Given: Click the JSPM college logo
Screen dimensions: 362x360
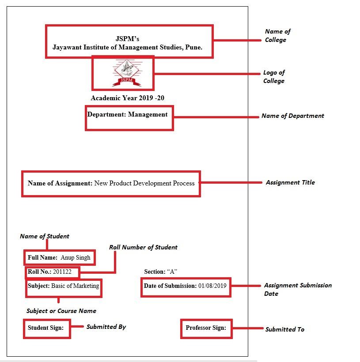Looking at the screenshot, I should point(126,73).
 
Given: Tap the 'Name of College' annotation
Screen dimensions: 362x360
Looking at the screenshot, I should point(277,36).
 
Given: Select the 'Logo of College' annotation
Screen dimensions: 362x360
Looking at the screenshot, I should point(274,77).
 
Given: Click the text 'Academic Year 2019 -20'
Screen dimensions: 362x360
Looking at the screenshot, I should point(127,98).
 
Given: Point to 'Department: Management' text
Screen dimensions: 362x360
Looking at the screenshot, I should point(127,114).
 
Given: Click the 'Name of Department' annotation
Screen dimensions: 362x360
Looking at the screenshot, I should point(292,116).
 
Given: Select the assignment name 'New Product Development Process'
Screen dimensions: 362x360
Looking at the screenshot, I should point(144,183).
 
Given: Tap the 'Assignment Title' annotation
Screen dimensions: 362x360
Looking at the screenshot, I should point(290,182).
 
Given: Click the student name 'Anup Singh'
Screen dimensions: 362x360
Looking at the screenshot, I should point(76,257).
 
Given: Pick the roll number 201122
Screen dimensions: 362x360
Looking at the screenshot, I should point(62,271).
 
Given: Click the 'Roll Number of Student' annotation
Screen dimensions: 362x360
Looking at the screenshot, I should point(143,247).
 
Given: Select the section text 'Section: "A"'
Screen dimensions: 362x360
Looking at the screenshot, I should point(160,271).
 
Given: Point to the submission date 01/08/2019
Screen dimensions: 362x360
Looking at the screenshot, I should point(212,286).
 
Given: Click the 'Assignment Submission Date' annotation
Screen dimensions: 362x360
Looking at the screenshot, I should point(297,289).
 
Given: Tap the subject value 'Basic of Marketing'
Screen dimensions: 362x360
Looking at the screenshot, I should point(75,286).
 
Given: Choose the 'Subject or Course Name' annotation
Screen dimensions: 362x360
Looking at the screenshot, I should point(61,311).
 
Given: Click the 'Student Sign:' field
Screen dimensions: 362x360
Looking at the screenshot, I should point(46,328).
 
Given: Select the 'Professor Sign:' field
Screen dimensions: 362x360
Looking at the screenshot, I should point(206,328).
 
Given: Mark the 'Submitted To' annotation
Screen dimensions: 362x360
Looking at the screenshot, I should point(284,329).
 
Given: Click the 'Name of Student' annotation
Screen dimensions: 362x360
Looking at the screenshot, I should point(45,236).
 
